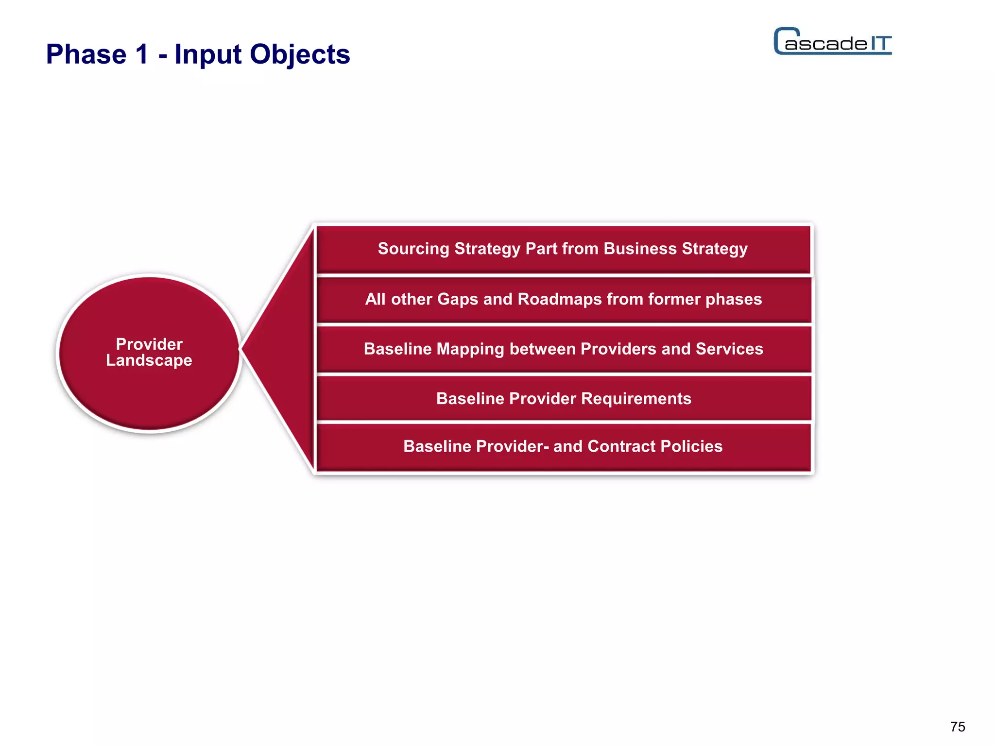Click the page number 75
(958, 727)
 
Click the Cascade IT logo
(833, 42)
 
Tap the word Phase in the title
(86, 54)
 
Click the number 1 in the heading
(142, 54)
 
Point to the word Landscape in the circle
(149, 361)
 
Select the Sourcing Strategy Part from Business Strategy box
(563, 249)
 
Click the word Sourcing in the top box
(413, 249)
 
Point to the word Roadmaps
(560, 300)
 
